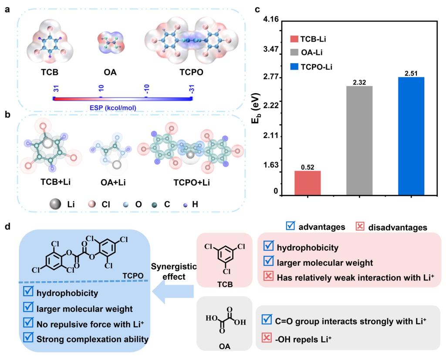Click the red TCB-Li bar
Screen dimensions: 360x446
click(307, 182)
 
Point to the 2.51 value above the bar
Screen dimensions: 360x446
click(411, 73)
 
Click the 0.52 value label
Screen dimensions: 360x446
click(307, 166)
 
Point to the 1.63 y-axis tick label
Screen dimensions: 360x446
click(271, 165)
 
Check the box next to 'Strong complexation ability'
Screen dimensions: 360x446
click(28, 338)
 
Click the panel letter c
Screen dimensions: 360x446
click(258, 8)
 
